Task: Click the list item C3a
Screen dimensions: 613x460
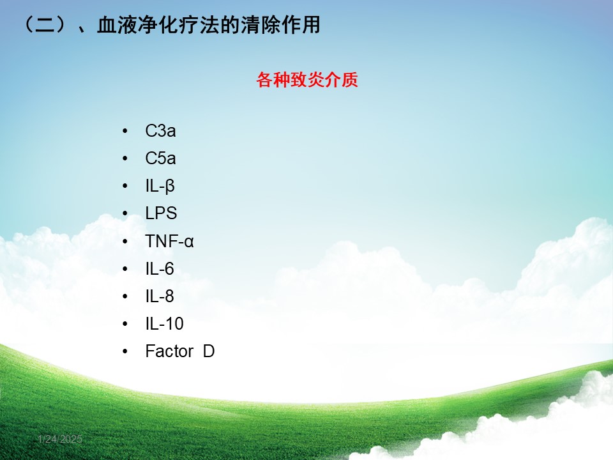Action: pyautogui.click(x=160, y=131)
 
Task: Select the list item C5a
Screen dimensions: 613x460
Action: pyautogui.click(x=160, y=158)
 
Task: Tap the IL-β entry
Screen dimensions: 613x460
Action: pyautogui.click(x=160, y=186)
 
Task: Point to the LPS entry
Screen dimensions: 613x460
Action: pyautogui.click(x=161, y=213)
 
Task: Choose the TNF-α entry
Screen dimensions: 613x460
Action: pyautogui.click(x=169, y=241)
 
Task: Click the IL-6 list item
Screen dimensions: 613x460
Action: pyautogui.click(x=160, y=269)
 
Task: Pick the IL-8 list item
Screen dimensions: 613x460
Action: pyautogui.click(x=160, y=296)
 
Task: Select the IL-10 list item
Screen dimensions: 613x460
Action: pyautogui.click(x=164, y=324)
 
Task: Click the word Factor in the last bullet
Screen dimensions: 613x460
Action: pyautogui.click(x=169, y=351)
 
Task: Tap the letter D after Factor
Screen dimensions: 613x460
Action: pyautogui.click(x=209, y=351)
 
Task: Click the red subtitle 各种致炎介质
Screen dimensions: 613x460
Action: pyautogui.click(x=307, y=80)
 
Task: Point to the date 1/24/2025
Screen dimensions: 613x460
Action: pyautogui.click(x=60, y=440)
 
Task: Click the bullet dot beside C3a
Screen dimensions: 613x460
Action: pyautogui.click(x=125, y=131)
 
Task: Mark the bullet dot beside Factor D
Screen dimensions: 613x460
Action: pyautogui.click(x=125, y=351)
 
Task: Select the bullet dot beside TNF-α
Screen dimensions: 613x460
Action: pyautogui.click(x=125, y=241)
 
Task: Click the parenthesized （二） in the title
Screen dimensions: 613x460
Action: pyautogui.click(x=45, y=25)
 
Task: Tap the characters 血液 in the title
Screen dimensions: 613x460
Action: pyautogui.click(x=117, y=25)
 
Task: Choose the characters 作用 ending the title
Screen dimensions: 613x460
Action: pyautogui.click(x=301, y=25)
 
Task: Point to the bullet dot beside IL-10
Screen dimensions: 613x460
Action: pyautogui.click(x=125, y=324)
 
